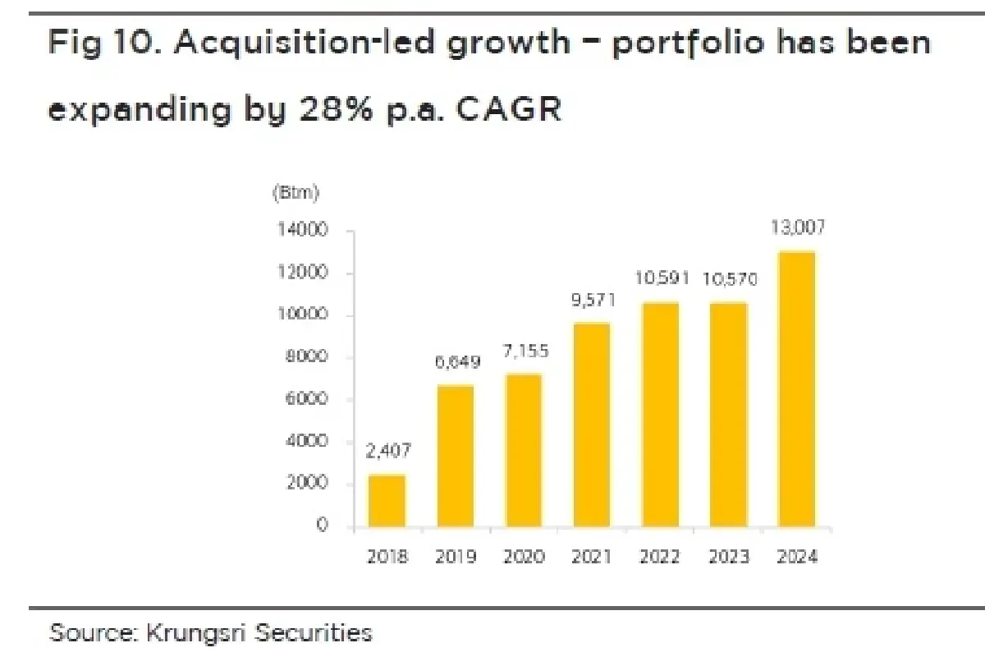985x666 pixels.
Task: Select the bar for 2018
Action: tap(386, 500)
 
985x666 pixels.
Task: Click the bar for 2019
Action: tap(455, 456)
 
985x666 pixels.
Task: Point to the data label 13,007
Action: tap(796, 227)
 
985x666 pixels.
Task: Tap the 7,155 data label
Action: tap(523, 351)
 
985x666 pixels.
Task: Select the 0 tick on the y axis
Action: tap(323, 526)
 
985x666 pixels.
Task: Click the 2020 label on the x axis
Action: tap(524, 558)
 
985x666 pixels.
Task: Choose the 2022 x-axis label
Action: tap(659, 558)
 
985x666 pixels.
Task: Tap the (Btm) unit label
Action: tap(295, 194)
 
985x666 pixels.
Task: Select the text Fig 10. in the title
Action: tap(103, 43)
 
